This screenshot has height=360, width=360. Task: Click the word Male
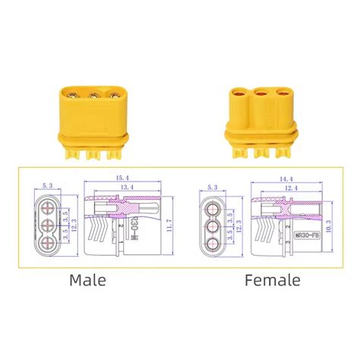click(89, 280)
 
